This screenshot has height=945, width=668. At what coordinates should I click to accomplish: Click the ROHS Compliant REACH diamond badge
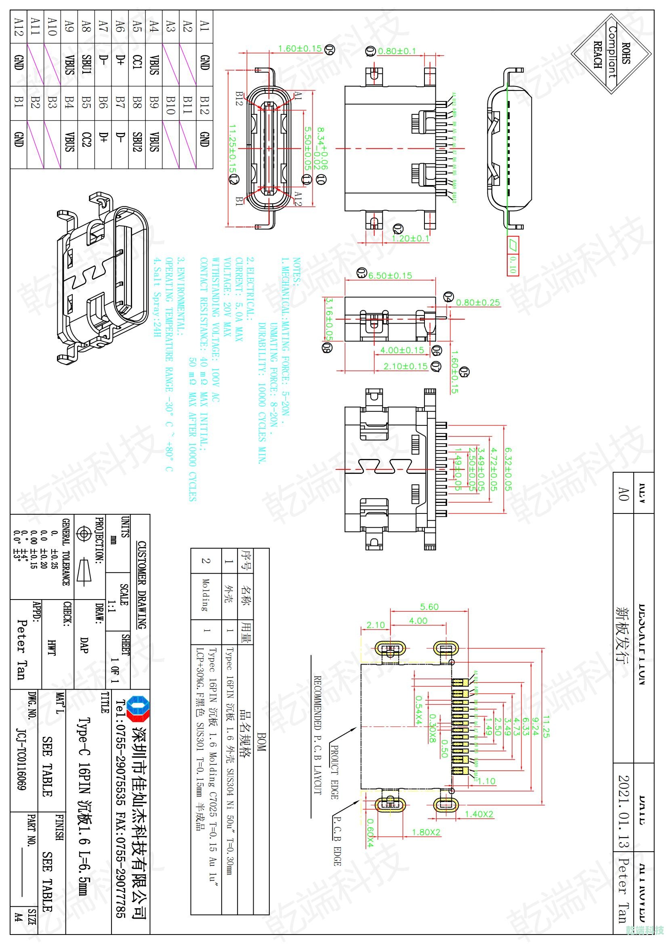point(612,54)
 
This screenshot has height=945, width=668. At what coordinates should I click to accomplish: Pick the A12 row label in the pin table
point(18,26)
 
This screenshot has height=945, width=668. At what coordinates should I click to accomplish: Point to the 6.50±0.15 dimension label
point(390,276)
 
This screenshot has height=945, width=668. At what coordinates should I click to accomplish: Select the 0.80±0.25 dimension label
point(478,303)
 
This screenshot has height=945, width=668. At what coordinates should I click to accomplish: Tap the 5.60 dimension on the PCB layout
point(429,607)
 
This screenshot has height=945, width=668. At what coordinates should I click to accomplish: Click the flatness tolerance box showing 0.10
point(513,255)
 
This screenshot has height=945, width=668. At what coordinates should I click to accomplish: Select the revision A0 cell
point(624,493)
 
